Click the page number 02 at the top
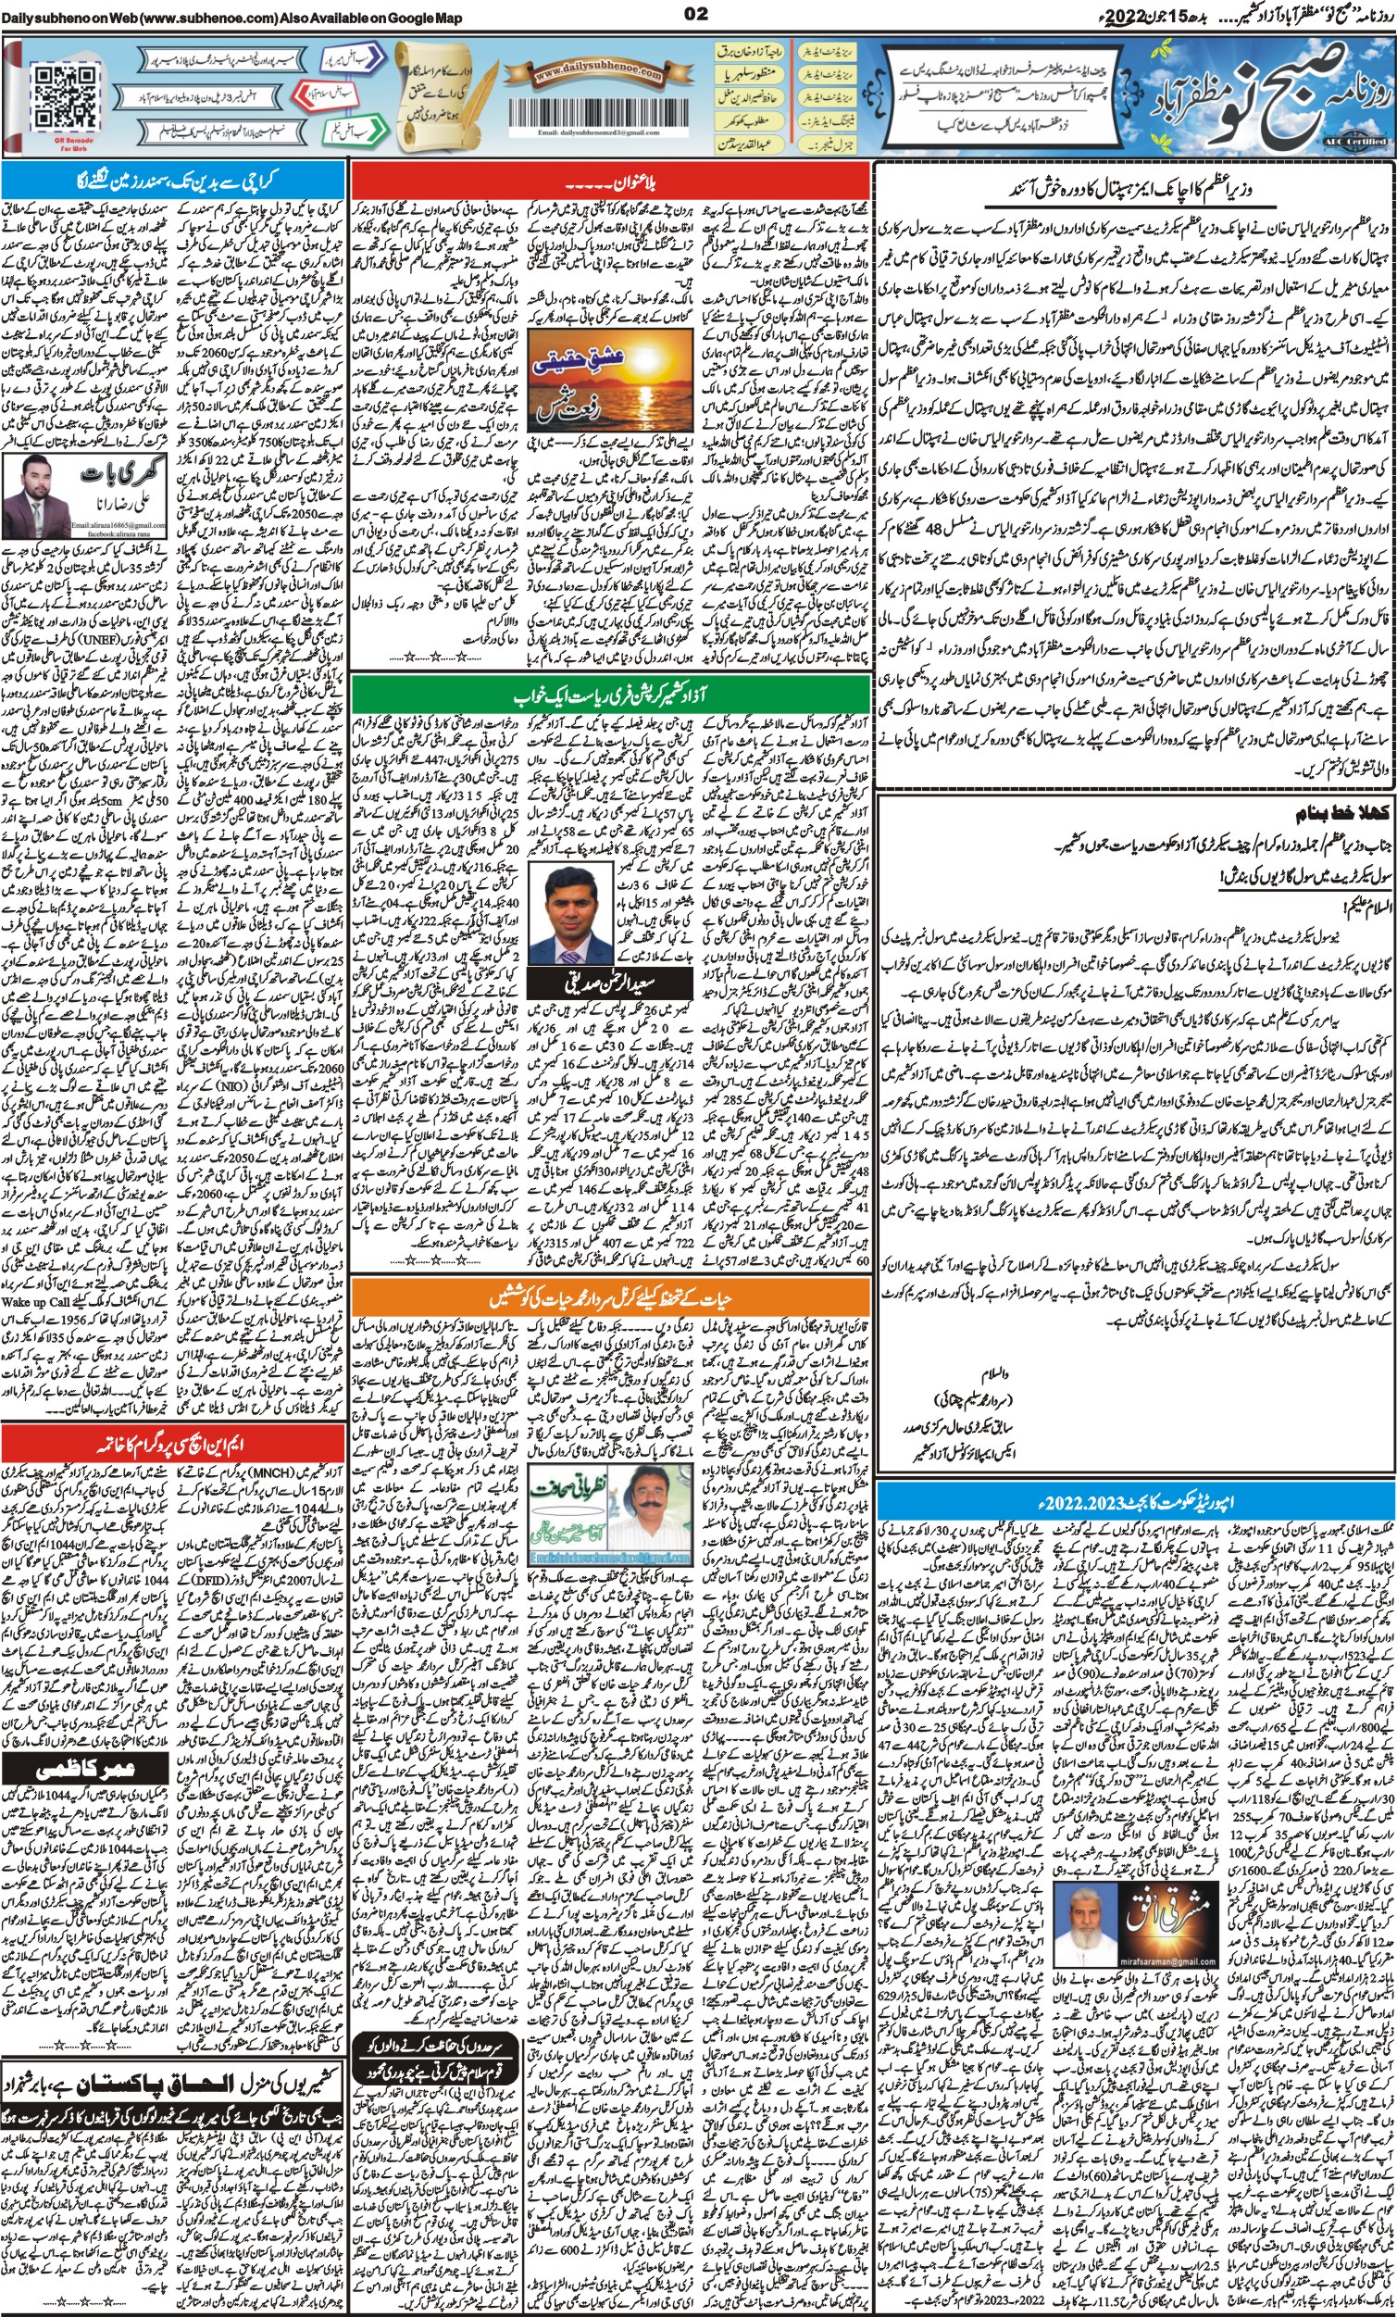point(696,13)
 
